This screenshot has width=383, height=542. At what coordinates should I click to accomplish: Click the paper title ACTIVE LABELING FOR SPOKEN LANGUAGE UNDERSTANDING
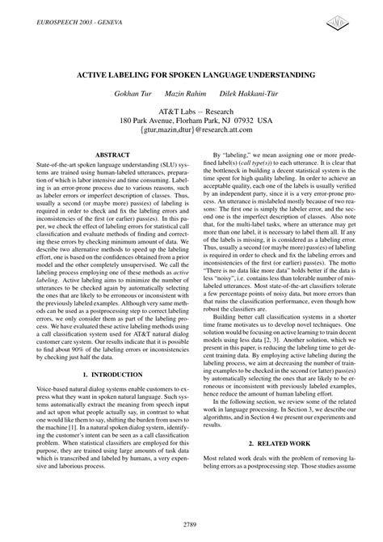coord(191,74)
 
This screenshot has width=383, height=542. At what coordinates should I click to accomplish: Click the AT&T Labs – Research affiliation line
coord(191,110)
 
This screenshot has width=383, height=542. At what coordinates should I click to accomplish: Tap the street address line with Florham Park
coord(191,121)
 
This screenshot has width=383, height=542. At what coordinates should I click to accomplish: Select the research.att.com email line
coord(191,131)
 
